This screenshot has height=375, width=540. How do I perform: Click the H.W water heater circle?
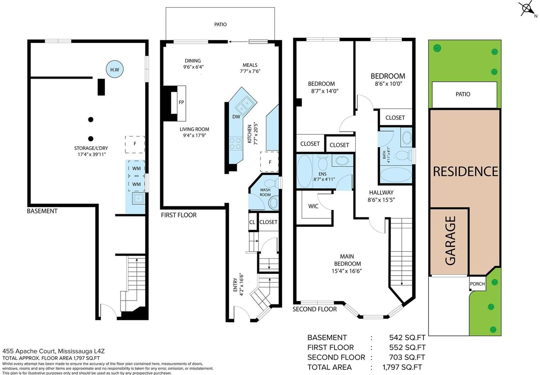click(x=115, y=69)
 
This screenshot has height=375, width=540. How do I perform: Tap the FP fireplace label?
click(x=181, y=103)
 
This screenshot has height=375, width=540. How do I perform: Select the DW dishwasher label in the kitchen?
click(x=236, y=117)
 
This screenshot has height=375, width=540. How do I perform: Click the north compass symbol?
click(x=527, y=9)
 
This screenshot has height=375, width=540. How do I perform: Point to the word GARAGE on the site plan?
click(x=450, y=240)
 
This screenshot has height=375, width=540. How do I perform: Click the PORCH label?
click(x=477, y=284)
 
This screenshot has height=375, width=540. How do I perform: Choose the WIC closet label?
click(x=313, y=206)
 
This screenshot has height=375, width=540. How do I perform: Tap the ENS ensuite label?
click(x=323, y=174)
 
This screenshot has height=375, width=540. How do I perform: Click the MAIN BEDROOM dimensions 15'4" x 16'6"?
click(x=347, y=271)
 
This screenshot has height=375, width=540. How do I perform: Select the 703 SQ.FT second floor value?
click(x=407, y=357)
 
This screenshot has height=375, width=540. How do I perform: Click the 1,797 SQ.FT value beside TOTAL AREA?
click(x=402, y=367)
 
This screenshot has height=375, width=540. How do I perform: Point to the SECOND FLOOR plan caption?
click(x=315, y=309)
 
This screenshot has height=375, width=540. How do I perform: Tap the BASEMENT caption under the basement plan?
click(x=42, y=211)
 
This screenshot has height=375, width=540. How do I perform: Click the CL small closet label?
click(x=252, y=222)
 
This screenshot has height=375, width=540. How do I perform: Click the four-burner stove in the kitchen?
click(x=236, y=143)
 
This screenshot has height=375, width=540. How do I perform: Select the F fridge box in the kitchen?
click(x=270, y=162)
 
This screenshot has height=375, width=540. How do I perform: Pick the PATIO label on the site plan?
click(x=463, y=94)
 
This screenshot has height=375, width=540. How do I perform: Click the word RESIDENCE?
click(x=465, y=172)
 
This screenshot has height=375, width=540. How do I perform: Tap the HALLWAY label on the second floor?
click(x=381, y=193)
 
